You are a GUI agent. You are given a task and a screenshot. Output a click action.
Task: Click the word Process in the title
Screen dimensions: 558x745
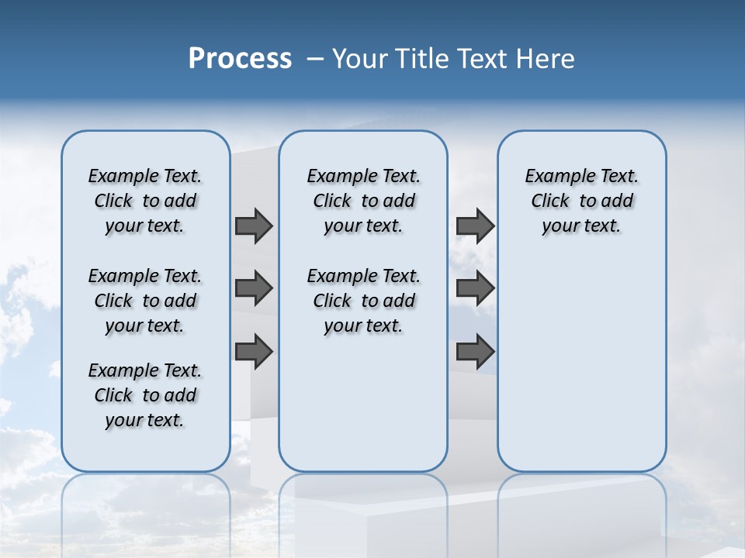(240, 58)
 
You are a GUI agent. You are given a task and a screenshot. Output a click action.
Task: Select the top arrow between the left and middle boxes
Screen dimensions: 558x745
(254, 226)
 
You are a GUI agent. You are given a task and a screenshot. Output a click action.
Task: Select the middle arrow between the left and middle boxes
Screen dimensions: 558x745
(254, 288)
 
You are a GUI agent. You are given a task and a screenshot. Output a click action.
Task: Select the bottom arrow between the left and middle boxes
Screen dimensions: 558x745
(254, 352)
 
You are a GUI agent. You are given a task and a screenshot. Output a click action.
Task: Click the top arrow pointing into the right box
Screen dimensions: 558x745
(475, 226)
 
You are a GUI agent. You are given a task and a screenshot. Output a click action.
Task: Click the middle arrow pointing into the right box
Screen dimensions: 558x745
(475, 288)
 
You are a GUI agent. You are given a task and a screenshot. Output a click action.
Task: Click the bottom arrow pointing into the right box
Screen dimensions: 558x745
(475, 352)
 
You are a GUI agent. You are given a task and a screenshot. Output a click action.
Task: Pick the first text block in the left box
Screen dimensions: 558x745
(145, 201)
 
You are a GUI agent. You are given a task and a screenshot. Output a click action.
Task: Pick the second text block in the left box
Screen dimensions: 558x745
(145, 301)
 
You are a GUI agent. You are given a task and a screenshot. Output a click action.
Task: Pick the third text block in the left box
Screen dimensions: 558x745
(145, 395)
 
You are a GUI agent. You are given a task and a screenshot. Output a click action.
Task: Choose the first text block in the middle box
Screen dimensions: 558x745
(363, 201)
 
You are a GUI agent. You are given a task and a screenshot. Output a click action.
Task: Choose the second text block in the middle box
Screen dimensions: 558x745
(363, 301)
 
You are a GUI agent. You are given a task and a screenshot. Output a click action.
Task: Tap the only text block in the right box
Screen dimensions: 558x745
(582, 201)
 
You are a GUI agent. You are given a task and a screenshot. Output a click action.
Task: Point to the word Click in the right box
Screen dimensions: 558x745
(550, 201)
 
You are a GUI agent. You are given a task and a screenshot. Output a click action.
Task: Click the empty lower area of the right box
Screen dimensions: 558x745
(582, 372)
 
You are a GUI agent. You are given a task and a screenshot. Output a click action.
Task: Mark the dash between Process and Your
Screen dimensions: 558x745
(315, 58)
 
